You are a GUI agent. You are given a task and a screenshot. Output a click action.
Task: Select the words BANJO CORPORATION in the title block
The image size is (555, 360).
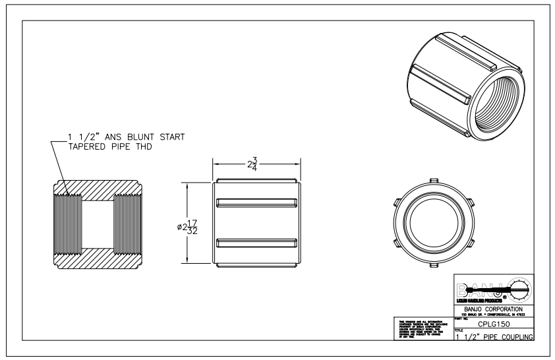click(494, 308)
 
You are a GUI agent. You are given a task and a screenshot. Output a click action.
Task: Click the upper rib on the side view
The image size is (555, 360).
click(256, 200)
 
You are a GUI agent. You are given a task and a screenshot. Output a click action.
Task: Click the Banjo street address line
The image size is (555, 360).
click(494, 314)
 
